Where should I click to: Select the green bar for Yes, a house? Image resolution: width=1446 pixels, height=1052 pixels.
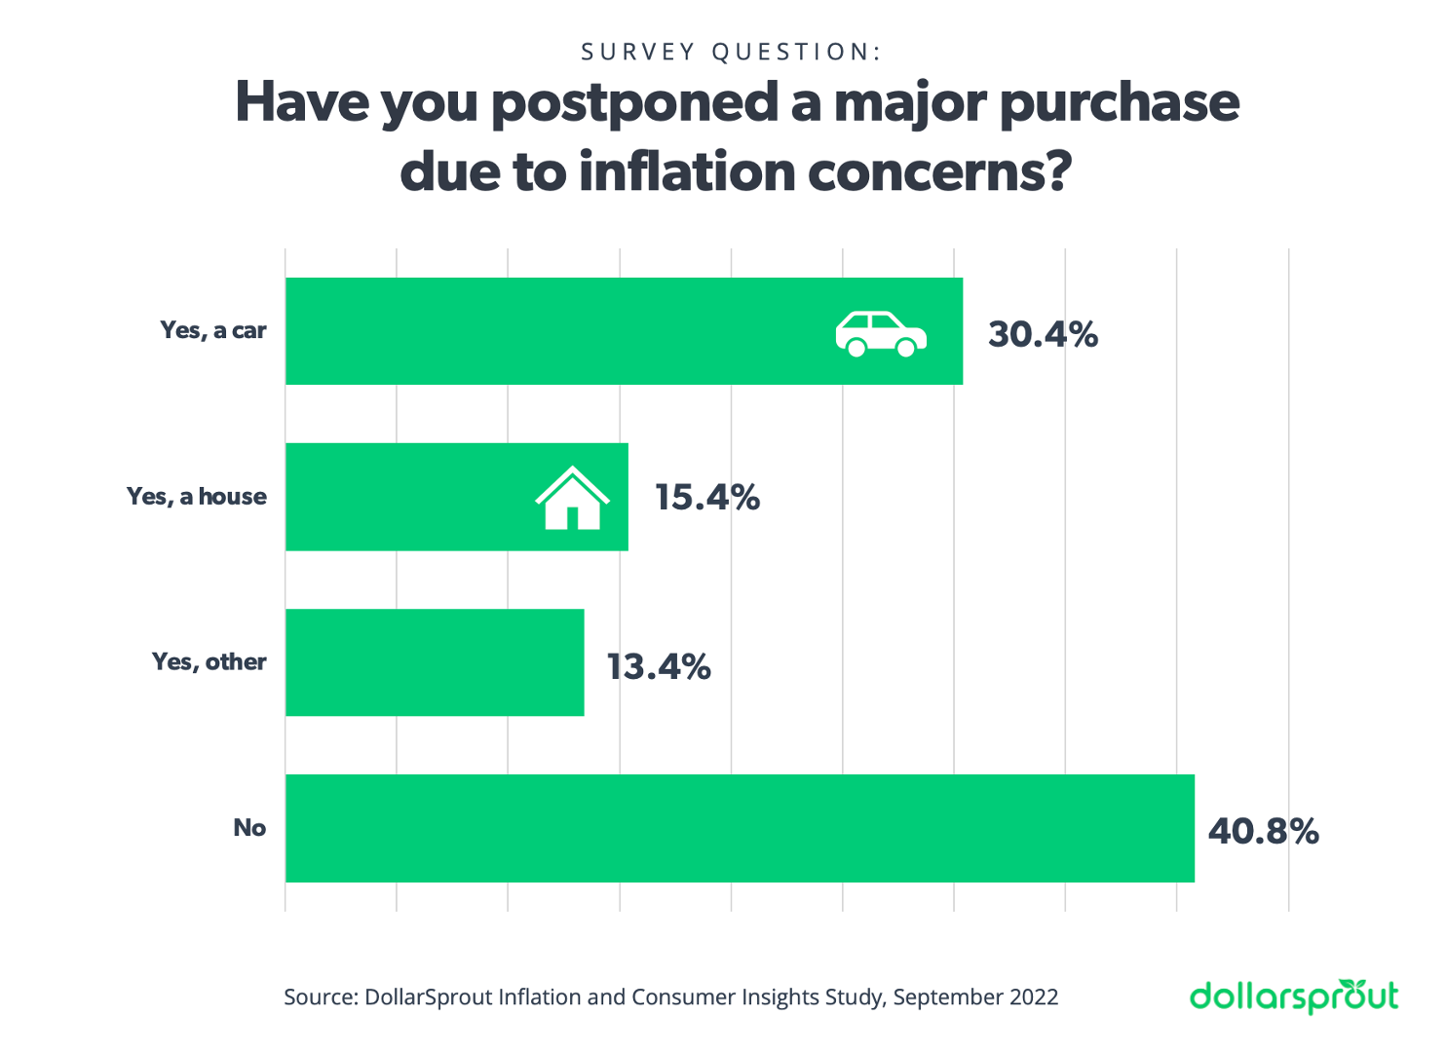pyautogui.click(x=409, y=497)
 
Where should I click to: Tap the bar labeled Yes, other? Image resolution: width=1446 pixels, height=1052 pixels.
pyautogui.click(x=435, y=662)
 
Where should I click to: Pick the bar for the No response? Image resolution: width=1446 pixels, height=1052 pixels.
pyautogui.click(x=740, y=828)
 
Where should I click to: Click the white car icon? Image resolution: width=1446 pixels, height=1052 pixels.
pyautogui.click(x=881, y=334)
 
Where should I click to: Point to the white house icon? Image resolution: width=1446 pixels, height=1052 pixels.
pyautogui.click(x=572, y=498)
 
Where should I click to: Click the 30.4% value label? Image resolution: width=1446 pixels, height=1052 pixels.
pyautogui.click(x=1043, y=334)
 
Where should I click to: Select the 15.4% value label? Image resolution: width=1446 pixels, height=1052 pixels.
pyautogui.click(x=706, y=497)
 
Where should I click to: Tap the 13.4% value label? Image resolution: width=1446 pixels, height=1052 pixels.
pyautogui.click(x=659, y=666)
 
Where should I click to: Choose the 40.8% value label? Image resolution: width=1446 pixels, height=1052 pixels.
pyautogui.click(x=1263, y=831)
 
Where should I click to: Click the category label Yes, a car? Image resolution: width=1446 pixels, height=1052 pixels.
pyautogui.click(x=213, y=330)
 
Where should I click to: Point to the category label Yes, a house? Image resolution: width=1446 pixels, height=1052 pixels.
pyautogui.click(x=197, y=496)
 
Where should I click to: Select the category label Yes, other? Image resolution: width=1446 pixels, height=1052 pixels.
pyautogui.click(x=209, y=661)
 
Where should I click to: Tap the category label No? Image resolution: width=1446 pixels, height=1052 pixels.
pyautogui.click(x=249, y=827)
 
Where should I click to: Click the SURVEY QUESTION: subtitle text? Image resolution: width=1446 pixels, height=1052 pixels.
pyautogui.click(x=731, y=52)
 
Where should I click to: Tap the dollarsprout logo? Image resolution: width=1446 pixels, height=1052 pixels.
pyautogui.click(x=1294, y=996)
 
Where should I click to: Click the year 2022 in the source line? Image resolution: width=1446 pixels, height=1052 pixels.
pyautogui.click(x=1033, y=996)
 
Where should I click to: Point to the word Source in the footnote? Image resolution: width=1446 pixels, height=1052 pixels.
pyautogui.click(x=319, y=996)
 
